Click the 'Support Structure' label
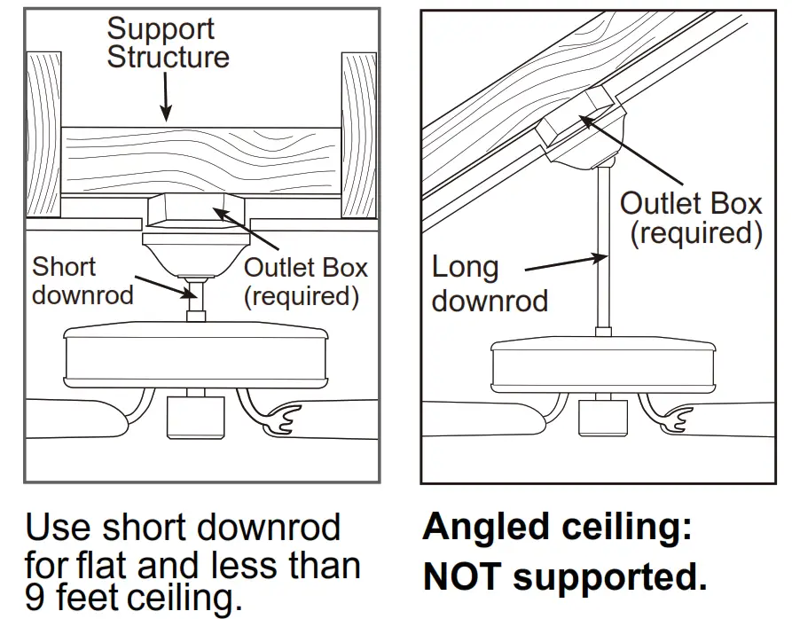pos(168,43)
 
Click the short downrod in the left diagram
pos(196,301)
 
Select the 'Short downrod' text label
pos(82,280)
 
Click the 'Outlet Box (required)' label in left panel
pos(305,281)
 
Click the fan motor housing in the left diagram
pos(195,357)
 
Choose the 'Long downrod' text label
pos(490,284)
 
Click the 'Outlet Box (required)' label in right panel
pos(691,218)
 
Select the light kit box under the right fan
pos(602,416)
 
